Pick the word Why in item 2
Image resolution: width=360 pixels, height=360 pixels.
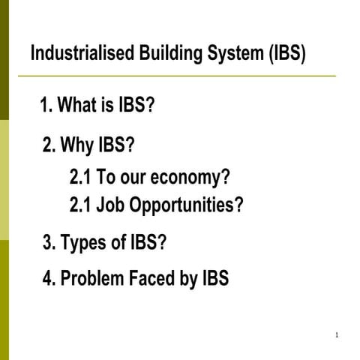[x=78, y=144]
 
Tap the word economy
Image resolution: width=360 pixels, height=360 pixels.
[x=190, y=178]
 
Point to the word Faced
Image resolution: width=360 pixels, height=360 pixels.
[x=151, y=279]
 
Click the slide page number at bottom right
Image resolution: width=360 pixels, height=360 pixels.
[x=337, y=334]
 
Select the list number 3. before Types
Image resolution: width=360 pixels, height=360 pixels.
[x=49, y=244]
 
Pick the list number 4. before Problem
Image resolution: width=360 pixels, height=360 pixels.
[x=49, y=279]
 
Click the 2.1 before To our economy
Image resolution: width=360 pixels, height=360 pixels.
[x=80, y=178]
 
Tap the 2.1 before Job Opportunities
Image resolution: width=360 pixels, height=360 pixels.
[x=80, y=205]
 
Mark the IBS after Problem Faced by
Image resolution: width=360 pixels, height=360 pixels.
[x=216, y=279]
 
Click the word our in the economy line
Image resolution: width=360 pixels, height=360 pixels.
[x=132, y=179]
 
